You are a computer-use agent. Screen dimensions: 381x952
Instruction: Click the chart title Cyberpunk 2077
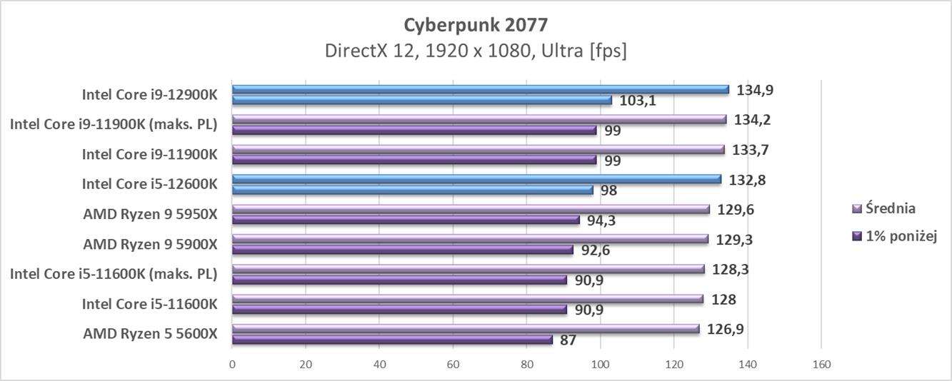pos(476,25)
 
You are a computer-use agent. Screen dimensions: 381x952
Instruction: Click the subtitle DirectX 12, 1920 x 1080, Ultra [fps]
pos(476,51)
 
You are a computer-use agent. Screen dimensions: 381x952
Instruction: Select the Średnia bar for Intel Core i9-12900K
pos(480,90)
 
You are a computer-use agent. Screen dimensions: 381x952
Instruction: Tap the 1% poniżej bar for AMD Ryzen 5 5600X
pos(392,340)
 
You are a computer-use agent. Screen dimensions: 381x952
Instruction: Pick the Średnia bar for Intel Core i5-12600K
pos(476,180)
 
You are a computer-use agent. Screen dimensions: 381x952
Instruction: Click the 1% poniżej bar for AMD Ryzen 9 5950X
pos(406,220)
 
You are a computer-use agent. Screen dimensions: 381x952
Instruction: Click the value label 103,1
pos(638,101)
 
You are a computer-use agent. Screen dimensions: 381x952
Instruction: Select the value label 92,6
pos(599,250)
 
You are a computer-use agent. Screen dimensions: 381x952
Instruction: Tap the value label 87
pos(568,340)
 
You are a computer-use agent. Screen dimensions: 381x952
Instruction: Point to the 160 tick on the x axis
pos(821,365)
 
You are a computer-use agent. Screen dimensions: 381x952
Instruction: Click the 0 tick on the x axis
pos(232,365)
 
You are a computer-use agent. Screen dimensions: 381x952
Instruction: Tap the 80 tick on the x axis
pos(526,365)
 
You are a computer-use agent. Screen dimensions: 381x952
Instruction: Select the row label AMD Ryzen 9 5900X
pos(150,245)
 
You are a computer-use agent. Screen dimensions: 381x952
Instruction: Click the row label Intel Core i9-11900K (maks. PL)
pos(114,125)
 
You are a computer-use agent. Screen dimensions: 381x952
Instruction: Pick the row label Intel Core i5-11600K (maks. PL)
pos(114,275)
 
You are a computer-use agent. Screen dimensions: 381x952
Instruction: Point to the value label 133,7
pos(752,150)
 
